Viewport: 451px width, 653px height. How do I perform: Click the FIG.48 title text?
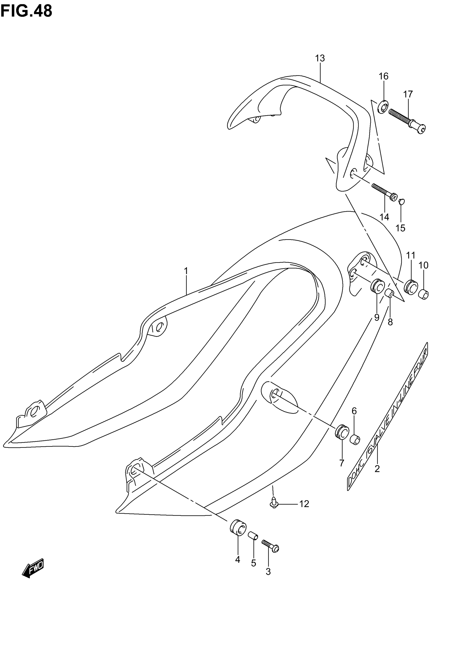(26, 11)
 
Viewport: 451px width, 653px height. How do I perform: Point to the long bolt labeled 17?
(407, 120)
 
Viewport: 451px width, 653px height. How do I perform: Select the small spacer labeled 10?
(424, 295)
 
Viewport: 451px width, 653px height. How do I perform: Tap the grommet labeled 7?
(342, 432)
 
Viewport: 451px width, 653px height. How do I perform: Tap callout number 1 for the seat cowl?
(186, 271)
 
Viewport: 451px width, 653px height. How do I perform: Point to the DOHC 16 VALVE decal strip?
(388, 417)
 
